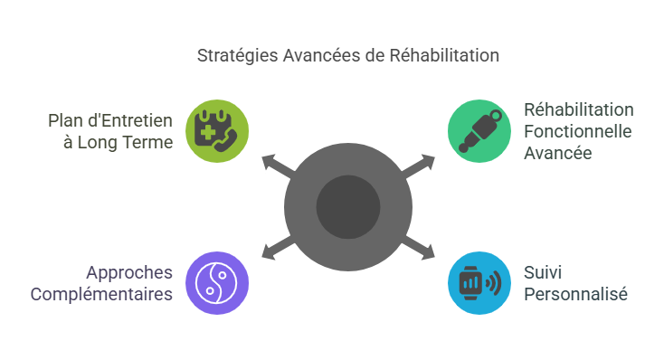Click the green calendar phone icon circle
click(x=217, y=130)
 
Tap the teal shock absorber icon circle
click(x=479, y=130)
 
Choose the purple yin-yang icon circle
click(x=217, y=282)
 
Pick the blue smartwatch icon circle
click(x=479, y=282)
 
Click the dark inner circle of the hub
click(x=348, y=206)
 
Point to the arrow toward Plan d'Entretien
click(x=277, y=166)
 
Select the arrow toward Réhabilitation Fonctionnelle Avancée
click(x=419, y=166)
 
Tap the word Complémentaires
click(x=101, y=294)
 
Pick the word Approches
click(x=129, y=272)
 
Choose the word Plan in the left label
click(x=63, y=120)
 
